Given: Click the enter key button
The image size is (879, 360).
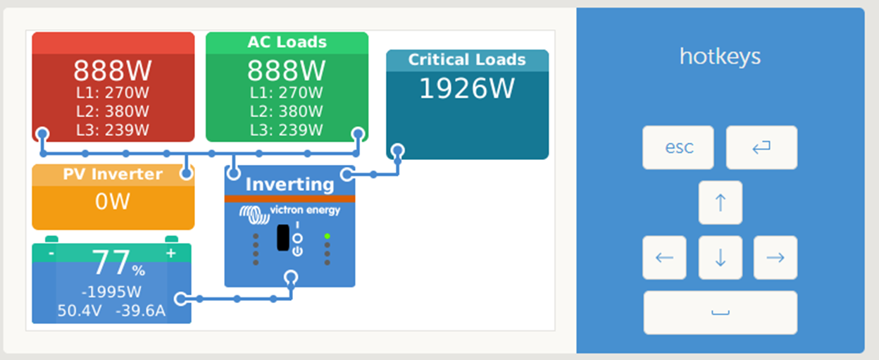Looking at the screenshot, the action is pyautogui.click(x=761, y=147).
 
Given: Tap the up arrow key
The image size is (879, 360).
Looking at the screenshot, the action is pyautogui.click(x=720, y=202).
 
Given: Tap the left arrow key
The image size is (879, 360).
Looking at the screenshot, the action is pyautogui.click(x=664, y=258).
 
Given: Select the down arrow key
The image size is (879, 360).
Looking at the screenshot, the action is pyautogui.click(x=720, y=258).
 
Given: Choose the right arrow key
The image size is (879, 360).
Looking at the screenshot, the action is pyautogui.click(x=775, y=258).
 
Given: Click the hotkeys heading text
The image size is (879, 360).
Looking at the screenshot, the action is pyautogui.click(x=720, y=56).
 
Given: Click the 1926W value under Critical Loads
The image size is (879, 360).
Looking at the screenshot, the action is pyautogui.click(x=467, y=88).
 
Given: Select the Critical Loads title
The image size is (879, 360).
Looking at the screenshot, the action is pyautogui.click(x=467, y=60).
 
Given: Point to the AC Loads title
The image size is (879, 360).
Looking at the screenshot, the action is pyautogui.click(x=287, y=42).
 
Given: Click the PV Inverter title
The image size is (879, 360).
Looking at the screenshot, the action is pyautogui.click(x=113, y=174).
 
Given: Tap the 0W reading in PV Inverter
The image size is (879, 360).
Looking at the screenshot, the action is pyautogui.click(x=113, y=201).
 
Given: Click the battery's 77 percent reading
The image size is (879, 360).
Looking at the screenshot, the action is pyautogui.click(x=118, y=263).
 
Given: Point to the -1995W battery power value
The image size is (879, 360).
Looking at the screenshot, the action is pyautogui.click(x=111, y=292).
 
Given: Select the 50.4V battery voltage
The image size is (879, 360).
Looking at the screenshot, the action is pyautogui.click(x=80, y=311).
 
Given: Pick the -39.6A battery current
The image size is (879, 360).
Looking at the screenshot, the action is pyautogui.click(x=141, y=311).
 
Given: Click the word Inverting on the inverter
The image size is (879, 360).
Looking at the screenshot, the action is pyautogui.click(x=289, y=185).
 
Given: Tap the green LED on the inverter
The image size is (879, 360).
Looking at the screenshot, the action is pyautogui.click(x=328, y=236).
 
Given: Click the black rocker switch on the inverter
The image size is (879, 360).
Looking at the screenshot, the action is pyautogui.click(x=283, y=237).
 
